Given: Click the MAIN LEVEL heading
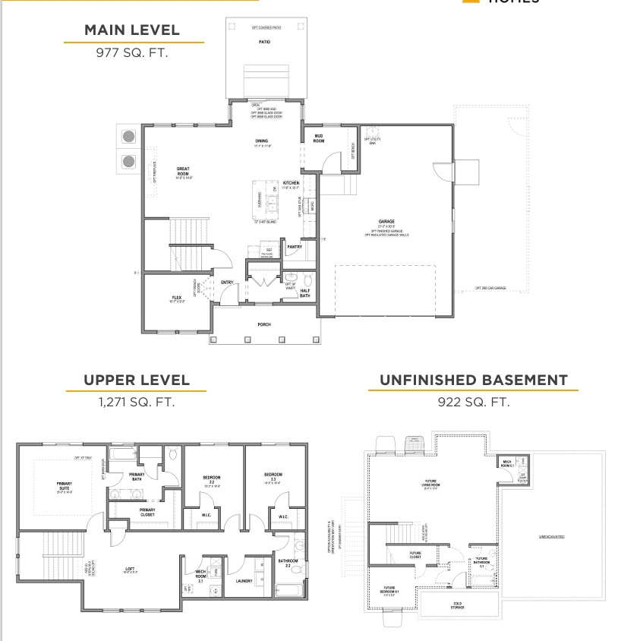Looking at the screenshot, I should point(132,30).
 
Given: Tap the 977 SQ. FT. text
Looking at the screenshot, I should point(132,53).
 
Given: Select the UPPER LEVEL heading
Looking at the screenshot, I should point(137,380).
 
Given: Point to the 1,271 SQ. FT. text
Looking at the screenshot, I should point(137,402).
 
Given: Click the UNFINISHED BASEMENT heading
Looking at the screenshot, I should point(474,380).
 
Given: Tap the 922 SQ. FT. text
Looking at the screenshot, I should point(474,402).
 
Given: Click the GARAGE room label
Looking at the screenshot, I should point(386,223).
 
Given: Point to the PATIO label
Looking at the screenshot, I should point(264,42).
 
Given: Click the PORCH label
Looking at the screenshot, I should point(264,324).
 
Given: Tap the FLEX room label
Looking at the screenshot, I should point(176,298).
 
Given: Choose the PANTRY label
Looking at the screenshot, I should point(295,246).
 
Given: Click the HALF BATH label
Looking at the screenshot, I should point(304,292).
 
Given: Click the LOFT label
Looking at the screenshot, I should point(130,568).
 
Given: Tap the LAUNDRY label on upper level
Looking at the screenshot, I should point(244,581).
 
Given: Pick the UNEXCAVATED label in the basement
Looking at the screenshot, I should point(551,536).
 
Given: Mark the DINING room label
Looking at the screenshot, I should point(261,141).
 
